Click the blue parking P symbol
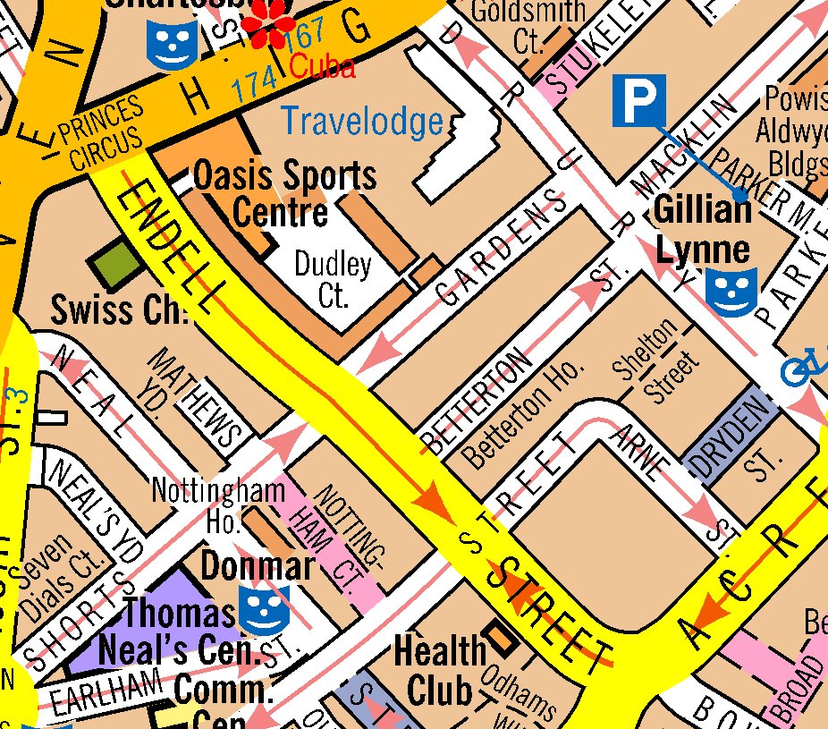[639, 100]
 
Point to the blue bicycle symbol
[803, 366]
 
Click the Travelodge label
[361, 121]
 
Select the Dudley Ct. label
[333, 280]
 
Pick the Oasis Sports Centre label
[284, 193]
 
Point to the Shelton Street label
[656, 362]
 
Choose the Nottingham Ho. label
[218, 504]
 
